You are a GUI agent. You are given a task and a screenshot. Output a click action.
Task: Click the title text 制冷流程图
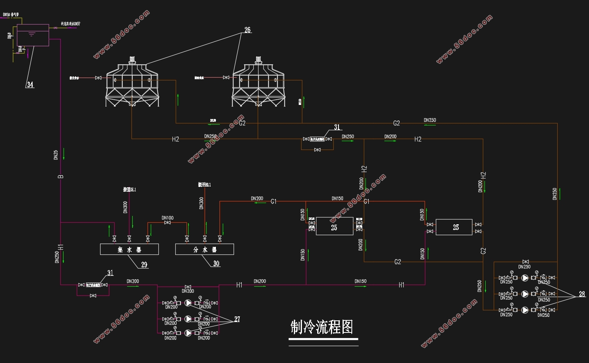[x=322, y=327]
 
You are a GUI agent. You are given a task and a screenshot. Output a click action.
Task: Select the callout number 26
[x=247, y=30]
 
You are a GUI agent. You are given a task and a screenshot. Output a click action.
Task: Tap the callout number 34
[x=30, y=85]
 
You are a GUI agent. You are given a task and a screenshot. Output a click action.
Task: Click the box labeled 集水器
[x=129, y=250]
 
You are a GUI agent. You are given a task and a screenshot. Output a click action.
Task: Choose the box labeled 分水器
[x=205, y=250]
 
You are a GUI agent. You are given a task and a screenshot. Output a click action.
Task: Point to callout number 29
[x=144, y=265]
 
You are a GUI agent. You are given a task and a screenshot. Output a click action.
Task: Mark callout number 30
[x=216, y=264]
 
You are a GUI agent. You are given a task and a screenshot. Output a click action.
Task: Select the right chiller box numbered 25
[x=454, y=227]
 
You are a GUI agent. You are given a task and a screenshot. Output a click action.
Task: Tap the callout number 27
[x=237, y=319]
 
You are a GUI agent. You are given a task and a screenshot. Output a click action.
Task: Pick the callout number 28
[x=582, y=294]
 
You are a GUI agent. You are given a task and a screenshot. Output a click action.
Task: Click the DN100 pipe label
[x=168, y=218]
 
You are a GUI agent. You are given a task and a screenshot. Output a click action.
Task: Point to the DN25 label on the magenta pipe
[x=56, y=155]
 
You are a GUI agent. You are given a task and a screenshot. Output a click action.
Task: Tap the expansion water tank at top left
[x=33, y=35]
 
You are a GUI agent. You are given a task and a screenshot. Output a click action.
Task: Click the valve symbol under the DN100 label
[x=168, y=223]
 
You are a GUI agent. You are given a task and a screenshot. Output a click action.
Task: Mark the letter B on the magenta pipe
[x=61, y=176]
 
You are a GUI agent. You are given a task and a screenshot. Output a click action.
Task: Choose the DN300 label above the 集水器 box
[x=125, y=207]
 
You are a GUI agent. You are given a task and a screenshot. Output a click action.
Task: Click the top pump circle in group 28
[x=525, y=278]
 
